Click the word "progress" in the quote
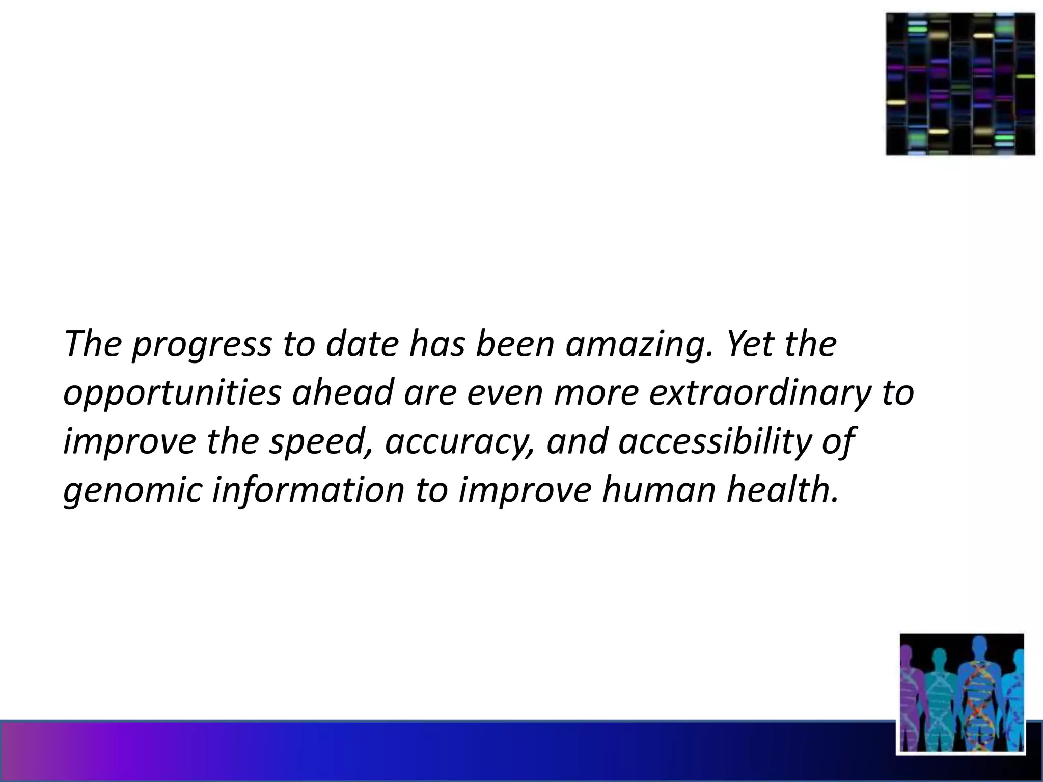[202, 345]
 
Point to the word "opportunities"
[172, 394]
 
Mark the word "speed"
[320, 442]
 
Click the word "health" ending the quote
[781, 490]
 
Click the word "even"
[504, 394]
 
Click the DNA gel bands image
[960, 84]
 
